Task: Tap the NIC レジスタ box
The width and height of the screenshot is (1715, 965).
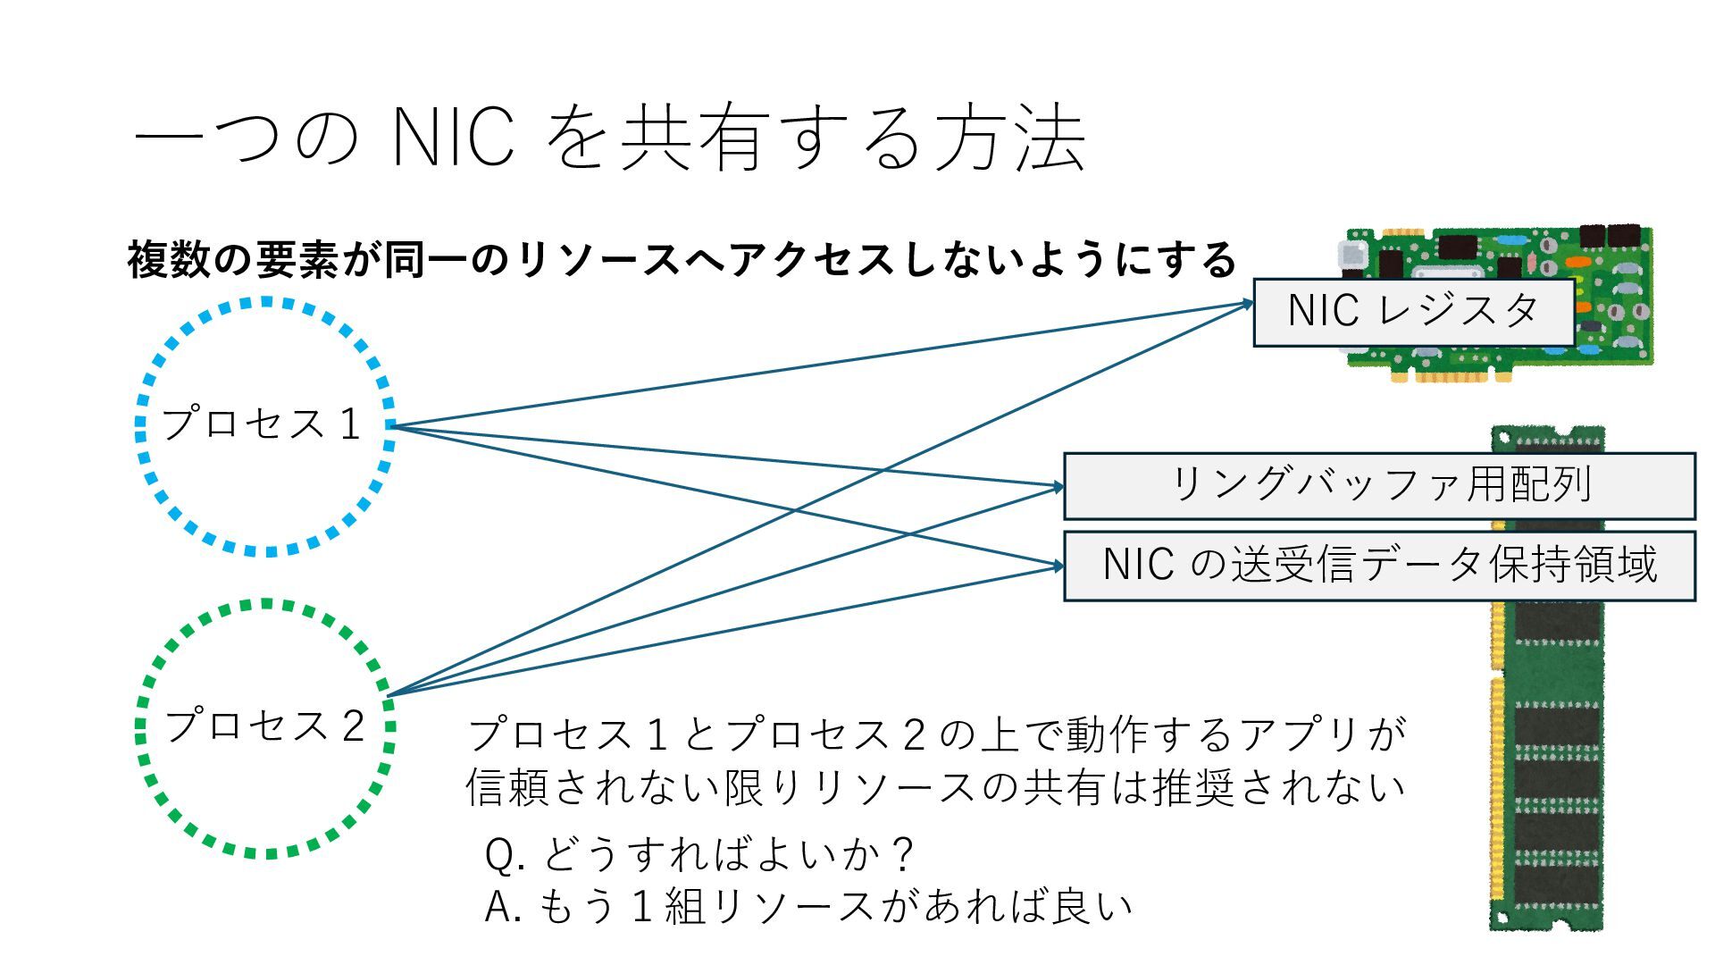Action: pos(1413,312)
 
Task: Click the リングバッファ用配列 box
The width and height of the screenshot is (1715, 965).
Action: pos(1379,486)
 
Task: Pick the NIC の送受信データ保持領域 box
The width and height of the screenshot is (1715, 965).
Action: pos(1379,566)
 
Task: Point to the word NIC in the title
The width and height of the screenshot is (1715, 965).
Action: pos(453,138)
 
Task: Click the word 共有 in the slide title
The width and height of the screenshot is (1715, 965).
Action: pos(695,138)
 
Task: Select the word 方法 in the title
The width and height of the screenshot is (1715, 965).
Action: pos(1009,138)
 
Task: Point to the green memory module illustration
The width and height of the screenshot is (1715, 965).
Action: pos(1547,759)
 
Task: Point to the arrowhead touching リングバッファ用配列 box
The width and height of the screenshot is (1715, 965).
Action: pos(1058,487)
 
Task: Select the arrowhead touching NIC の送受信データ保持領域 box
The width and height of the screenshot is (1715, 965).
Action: pos(1058,566)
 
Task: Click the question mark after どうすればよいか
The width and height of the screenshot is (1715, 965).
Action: pos(904,856)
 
